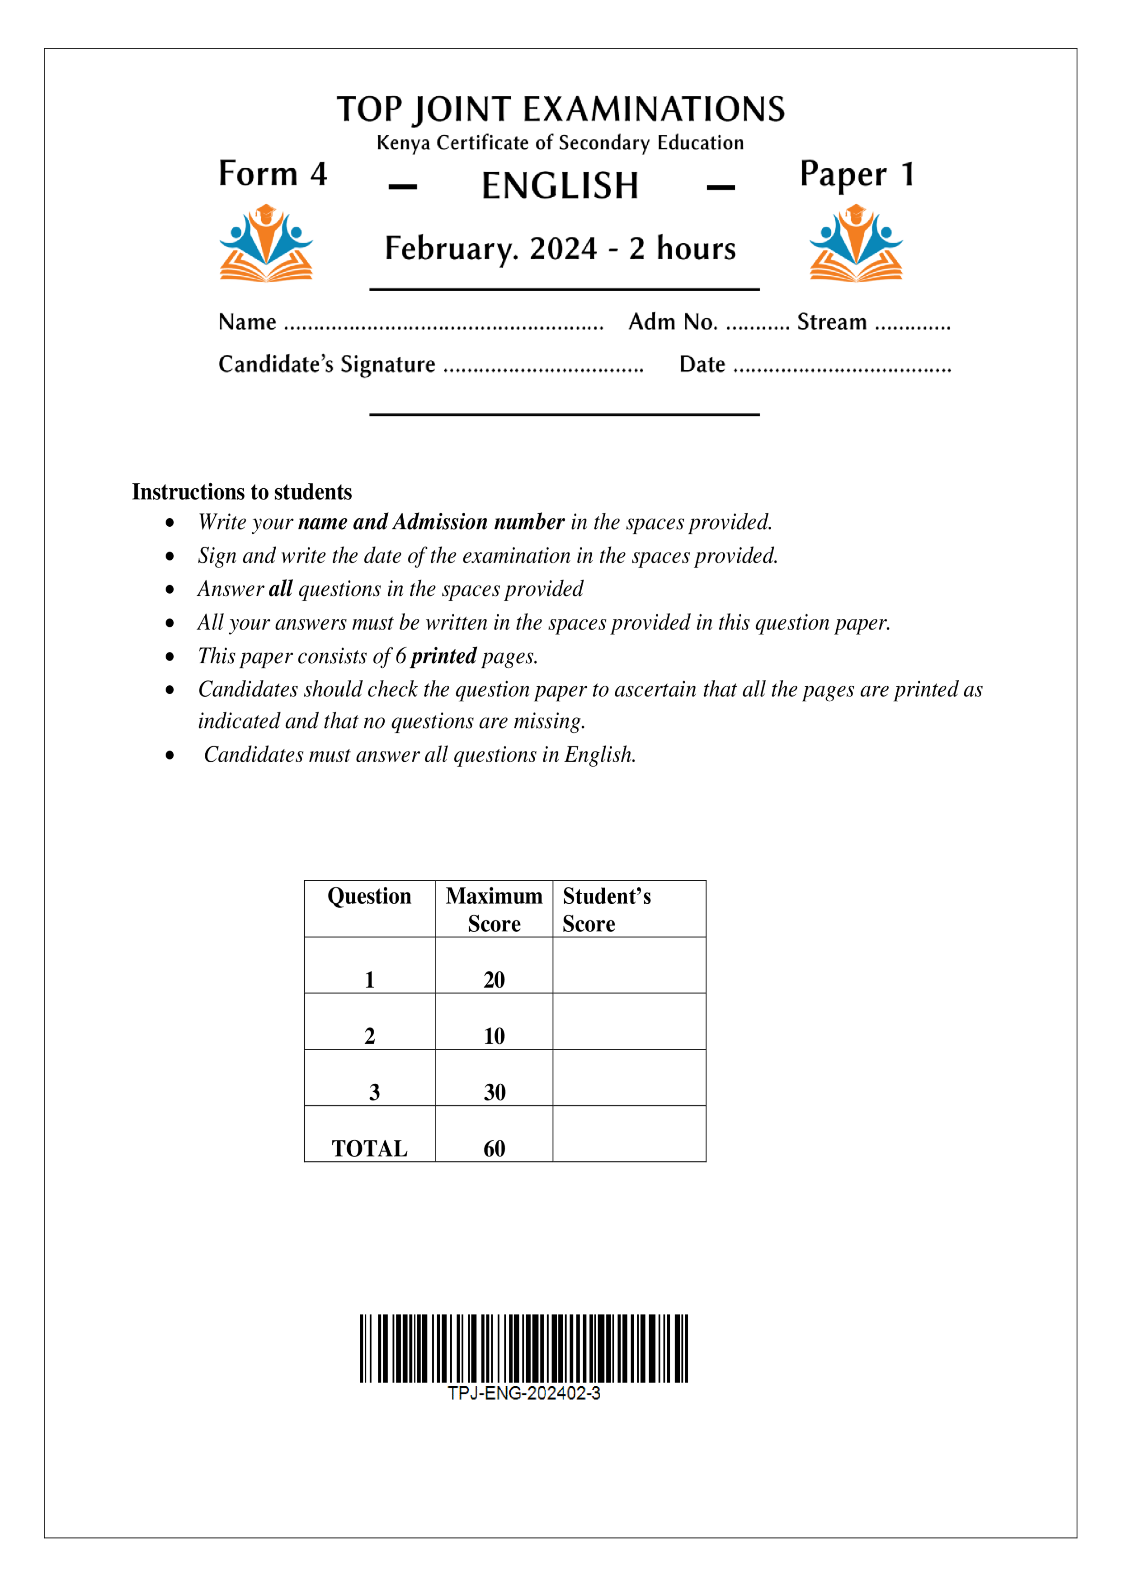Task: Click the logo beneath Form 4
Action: pyautogui.click(x=266, y=243)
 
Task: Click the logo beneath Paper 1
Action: pyautogui.click(x=856, y=243)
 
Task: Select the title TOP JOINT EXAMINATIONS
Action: pyautogui.click(x=560, y=109)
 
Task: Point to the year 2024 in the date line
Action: pyautogui.click(x=563, y=249)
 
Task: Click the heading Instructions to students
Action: pyautogui.click(x=242, y=492)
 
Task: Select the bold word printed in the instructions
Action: pyautogui.click(x=443, y=656)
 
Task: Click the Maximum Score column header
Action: pyautogui.click(x=494, y=909)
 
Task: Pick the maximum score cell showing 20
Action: pyautogui.click(x=494, y=980)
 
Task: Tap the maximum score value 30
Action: pyautogui.click(x=494, y=1092)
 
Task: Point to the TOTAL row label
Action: pyautogui.click(x=369, y=1148)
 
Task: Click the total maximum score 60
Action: pyautogui.click(x=494, y=1148)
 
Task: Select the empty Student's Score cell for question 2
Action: pyautogui.click(x=629, y=1022)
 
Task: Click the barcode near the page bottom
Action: pyautogui.click(x=523, y=1348)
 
